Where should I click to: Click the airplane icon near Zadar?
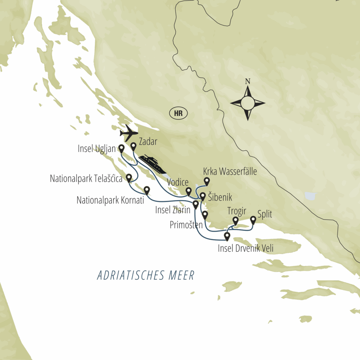[x=128, y=134]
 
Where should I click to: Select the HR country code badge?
[x=178, y=114]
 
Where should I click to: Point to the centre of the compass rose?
[x=247, y=103]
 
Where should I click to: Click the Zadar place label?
[x=148, y=142]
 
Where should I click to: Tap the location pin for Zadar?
[x=134, y=146]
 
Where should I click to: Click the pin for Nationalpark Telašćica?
[x=129, y=178]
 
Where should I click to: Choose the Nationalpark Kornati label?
[x=110, y=200]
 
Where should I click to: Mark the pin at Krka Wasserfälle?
[x=207, y=181]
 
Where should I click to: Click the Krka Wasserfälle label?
[x=230, y=172]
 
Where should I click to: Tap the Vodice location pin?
[x=188, y=191]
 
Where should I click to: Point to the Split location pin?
[x=253, y=220]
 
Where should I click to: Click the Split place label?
[x=265, y=214]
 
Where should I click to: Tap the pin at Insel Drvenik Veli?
[x=227, y=236]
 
